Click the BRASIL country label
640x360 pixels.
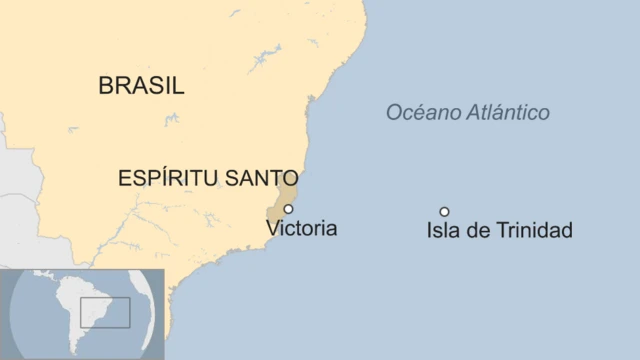point(141,85)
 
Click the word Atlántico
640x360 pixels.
point(509,113)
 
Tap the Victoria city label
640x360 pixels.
point(302,229)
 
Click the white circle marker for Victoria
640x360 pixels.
point(288,209)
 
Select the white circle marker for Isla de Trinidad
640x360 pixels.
point(444,211)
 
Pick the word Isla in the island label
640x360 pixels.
point(442,231)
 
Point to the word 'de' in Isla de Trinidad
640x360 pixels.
point(479,231)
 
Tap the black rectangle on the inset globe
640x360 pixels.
point(105,312)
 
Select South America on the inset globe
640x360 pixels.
point(76,310)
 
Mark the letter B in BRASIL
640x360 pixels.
point(105,85)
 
